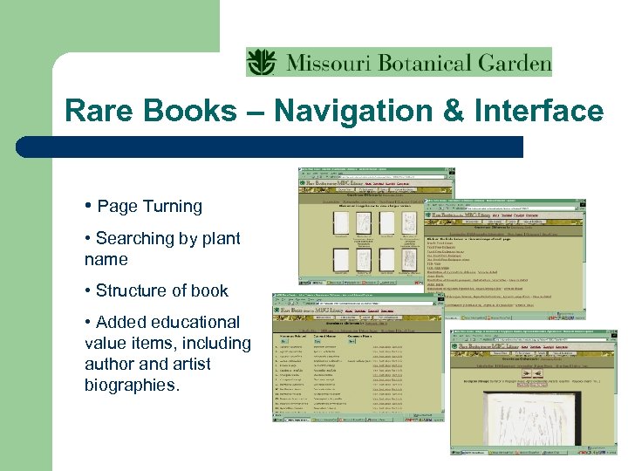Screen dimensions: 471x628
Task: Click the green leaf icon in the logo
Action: tap(261, 62)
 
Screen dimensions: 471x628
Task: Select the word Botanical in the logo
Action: tap(423, 63)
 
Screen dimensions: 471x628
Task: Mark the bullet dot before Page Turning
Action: tap(89, 207)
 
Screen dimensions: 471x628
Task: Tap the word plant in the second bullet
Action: tap(218, 238)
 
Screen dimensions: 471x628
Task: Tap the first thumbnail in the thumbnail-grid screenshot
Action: tap(342, 223)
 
